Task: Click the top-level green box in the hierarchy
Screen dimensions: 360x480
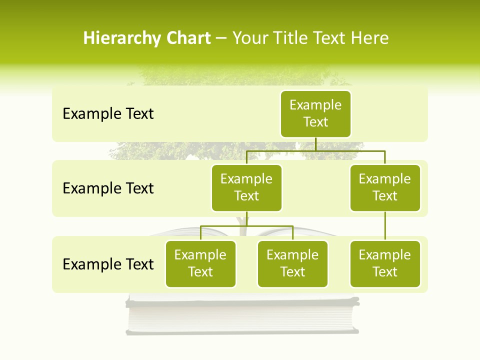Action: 315,113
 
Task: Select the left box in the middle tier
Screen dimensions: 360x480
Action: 246,187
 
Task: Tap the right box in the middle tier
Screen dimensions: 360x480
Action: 385,187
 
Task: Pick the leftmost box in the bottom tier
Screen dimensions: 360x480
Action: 200,263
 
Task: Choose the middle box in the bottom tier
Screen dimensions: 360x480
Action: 292,263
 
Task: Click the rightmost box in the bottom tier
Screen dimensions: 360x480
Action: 385,263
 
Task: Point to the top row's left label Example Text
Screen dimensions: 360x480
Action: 108,114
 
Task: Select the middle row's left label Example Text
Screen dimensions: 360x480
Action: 108,188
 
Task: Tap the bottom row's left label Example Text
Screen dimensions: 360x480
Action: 108,264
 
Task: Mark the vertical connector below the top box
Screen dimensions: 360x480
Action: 315,144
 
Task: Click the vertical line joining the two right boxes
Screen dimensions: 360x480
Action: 385,226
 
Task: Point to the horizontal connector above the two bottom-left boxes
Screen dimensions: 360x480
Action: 246,226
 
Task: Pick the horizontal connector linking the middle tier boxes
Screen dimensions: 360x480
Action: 315,150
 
